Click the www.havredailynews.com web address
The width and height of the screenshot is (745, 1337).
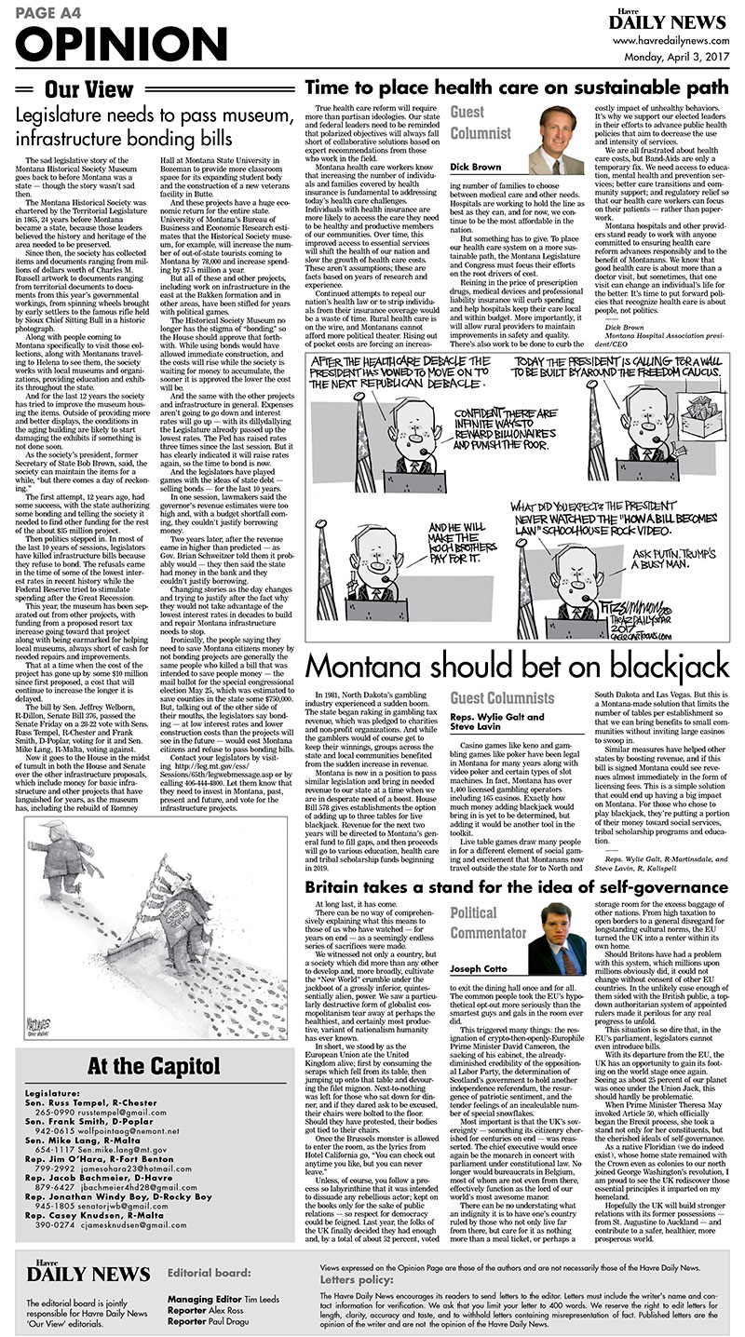(x=670, y=41)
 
